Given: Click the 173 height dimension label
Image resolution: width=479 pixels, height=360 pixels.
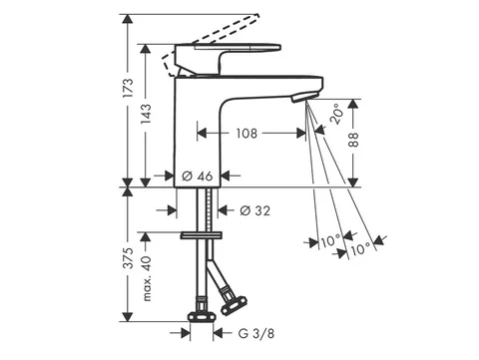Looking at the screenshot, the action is (128, 88).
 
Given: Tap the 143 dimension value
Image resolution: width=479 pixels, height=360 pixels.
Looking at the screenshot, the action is (146, 114).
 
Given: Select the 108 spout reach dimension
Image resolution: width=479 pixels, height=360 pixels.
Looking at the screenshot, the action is (246, 134).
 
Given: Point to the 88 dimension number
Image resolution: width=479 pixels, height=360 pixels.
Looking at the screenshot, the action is (353, 140).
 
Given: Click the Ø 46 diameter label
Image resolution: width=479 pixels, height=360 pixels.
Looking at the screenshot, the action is (198, 176).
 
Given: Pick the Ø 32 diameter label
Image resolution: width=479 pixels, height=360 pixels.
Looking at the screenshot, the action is (255, 210).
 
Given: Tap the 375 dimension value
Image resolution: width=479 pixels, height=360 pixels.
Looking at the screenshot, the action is (128, 258).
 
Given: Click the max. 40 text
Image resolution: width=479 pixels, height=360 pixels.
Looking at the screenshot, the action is (147, 278).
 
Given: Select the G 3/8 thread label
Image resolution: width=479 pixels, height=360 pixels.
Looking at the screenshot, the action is (256, 333).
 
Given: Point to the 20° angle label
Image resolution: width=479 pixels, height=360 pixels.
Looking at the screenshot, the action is (336, 114).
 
